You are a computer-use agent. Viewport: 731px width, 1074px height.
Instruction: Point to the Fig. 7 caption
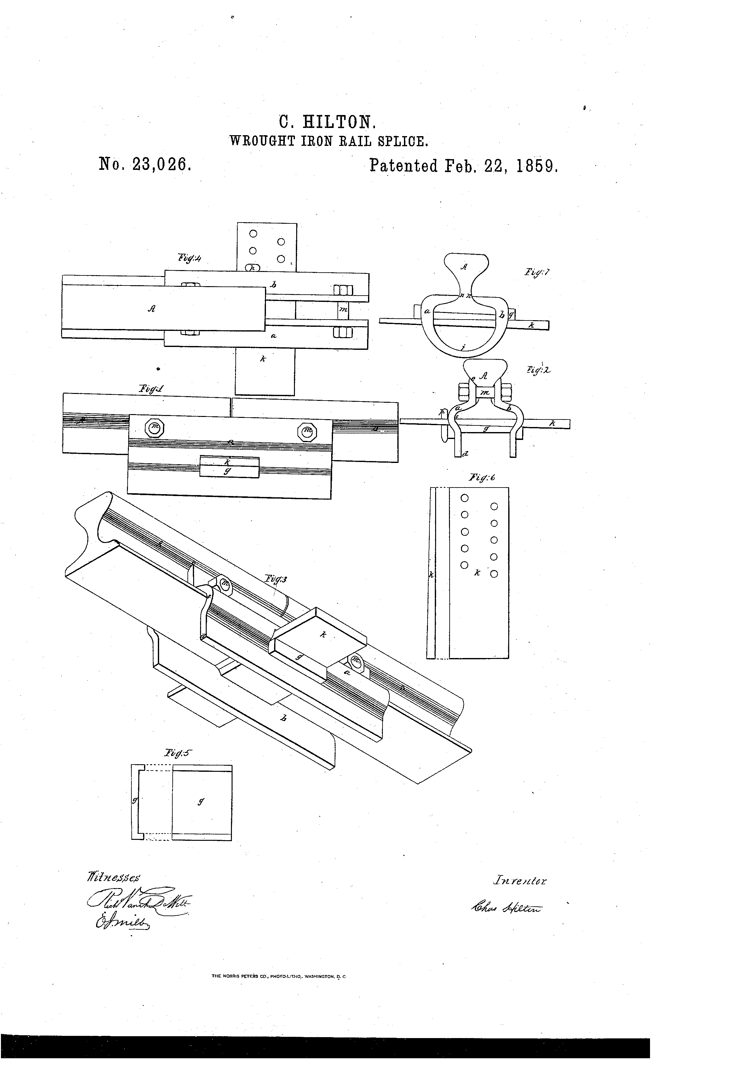(x=537, y=273)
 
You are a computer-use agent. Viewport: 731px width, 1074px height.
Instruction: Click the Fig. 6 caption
(x=482, y=477)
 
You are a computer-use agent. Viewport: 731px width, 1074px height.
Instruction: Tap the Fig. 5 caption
(x=176, y=753)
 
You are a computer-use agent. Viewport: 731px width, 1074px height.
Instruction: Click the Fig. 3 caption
(x=276, y=579)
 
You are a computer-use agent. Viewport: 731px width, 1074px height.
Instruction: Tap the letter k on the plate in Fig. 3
(x=323, y=635)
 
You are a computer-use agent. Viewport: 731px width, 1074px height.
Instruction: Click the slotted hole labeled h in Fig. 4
(x=252, y=268)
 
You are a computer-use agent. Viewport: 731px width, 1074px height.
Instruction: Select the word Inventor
(x=519, y=881)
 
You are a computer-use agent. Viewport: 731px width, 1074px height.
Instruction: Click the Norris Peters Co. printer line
(x=279, y=989)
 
